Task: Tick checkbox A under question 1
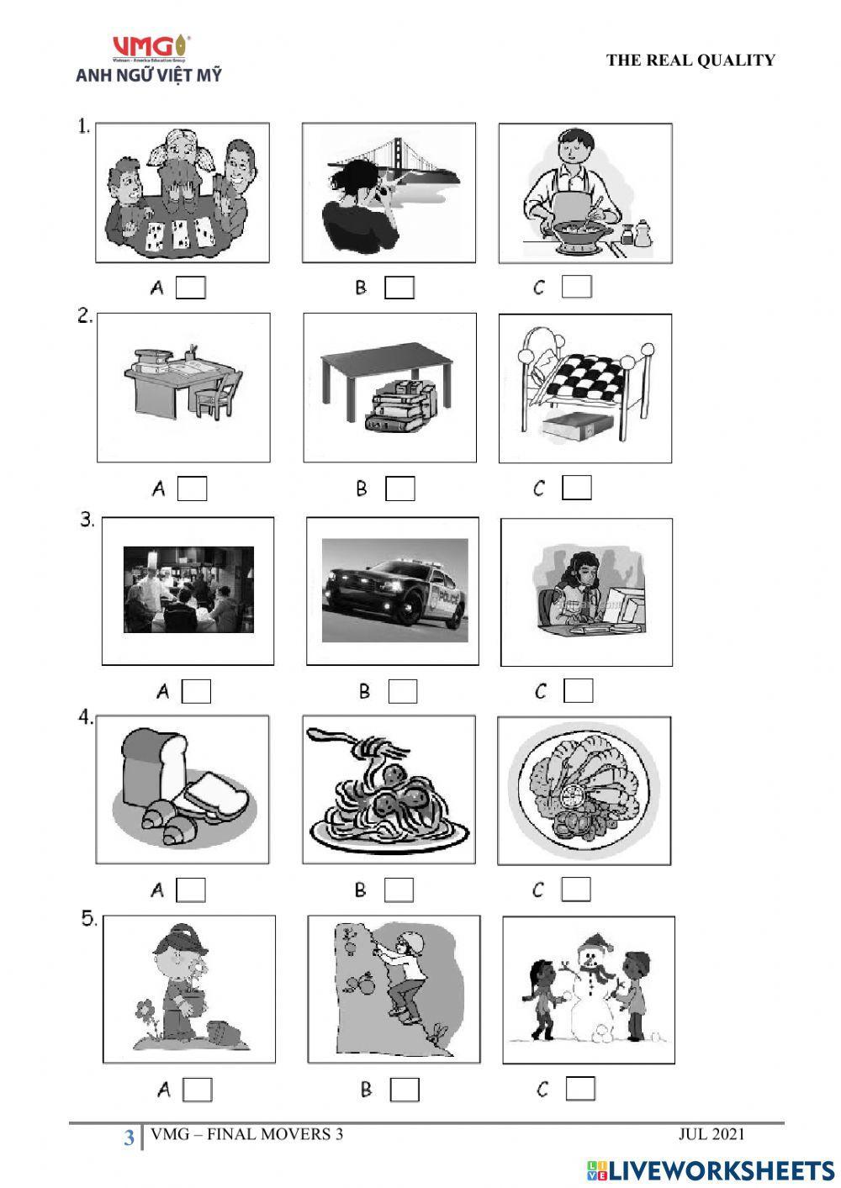[190, 288]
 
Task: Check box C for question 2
[577, 488]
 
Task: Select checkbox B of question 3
[403, 691]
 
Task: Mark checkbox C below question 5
[580, 1089]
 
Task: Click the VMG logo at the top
[151, 47]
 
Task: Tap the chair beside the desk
[220, 393]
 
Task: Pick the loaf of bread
[155, 764]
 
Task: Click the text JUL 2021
[711, 1134]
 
